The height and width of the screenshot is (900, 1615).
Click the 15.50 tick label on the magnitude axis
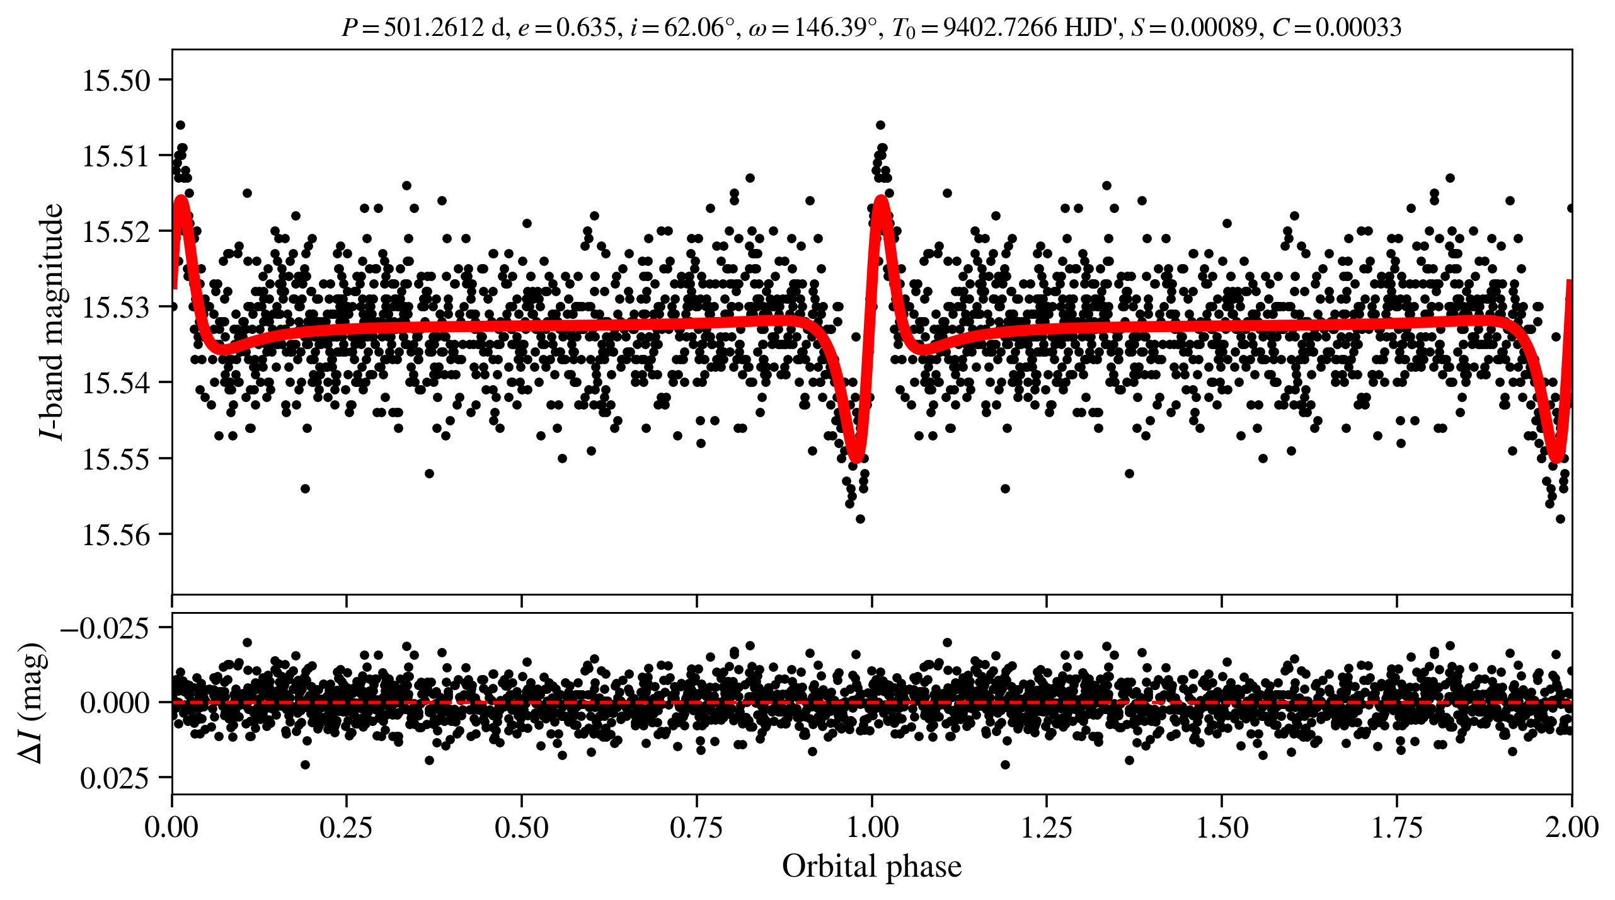(x=117, y=81)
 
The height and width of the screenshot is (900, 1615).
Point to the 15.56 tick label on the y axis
(x=117, y=535)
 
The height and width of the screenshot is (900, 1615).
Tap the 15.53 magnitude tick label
(x=117, y=308)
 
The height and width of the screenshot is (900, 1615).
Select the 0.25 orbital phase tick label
(x=346, y=828)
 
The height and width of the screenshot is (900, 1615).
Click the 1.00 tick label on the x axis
(x=872, y=828)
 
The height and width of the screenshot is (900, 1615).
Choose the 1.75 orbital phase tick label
(x=1397, y=828)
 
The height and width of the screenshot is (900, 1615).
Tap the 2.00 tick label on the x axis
(x=1572, y=828)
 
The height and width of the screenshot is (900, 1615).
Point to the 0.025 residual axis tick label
(x=114, y=779)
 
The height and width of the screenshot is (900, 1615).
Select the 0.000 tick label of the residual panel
(x=114, y=703)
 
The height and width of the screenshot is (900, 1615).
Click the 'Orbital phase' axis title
(x=872, y=867)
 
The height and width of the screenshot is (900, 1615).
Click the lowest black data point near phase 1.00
(x=860, y=519)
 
